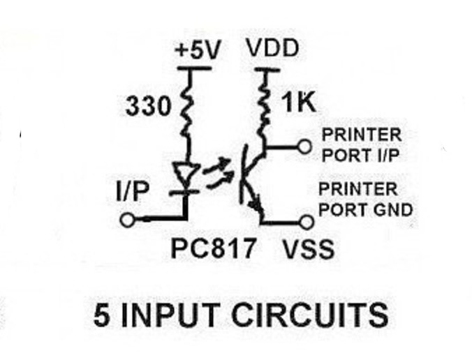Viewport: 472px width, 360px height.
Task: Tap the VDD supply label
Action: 273,50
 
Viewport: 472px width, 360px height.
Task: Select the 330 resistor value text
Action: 147,107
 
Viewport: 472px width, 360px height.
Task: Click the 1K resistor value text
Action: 300,104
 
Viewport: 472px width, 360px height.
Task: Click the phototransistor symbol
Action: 252,179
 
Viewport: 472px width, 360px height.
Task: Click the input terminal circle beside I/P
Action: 127,220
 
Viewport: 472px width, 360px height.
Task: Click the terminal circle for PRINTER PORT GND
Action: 304,222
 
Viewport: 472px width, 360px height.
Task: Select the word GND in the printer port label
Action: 397,209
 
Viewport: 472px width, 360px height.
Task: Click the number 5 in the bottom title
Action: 102,315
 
